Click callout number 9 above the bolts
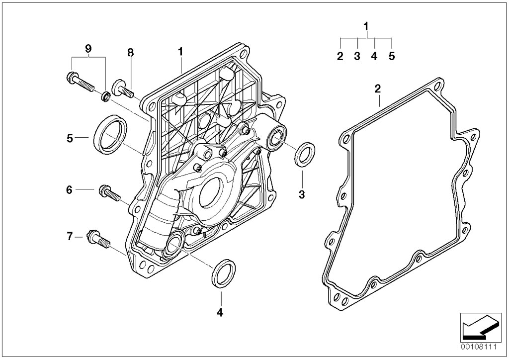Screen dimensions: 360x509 pos(88,48)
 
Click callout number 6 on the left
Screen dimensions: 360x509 pos(70,189)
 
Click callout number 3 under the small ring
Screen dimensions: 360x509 pos(301,193)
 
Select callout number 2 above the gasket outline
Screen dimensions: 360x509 pos(377,89)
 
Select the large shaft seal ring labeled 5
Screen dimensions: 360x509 pos(107,132)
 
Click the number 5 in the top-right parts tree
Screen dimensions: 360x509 pos(391,56)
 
